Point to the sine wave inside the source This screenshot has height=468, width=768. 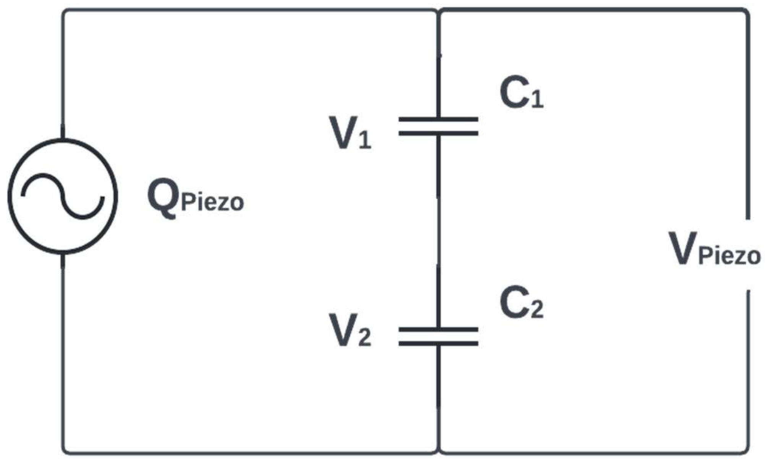point(62,196)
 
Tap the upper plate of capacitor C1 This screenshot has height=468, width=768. point(438,119)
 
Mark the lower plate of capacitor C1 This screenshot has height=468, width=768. point(438,133)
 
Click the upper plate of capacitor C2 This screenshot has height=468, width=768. point(438,329)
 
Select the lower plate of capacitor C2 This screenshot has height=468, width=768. point(438,343)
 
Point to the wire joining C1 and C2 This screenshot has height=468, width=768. point(438,231)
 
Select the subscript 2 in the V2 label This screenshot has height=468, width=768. point(365,338)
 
